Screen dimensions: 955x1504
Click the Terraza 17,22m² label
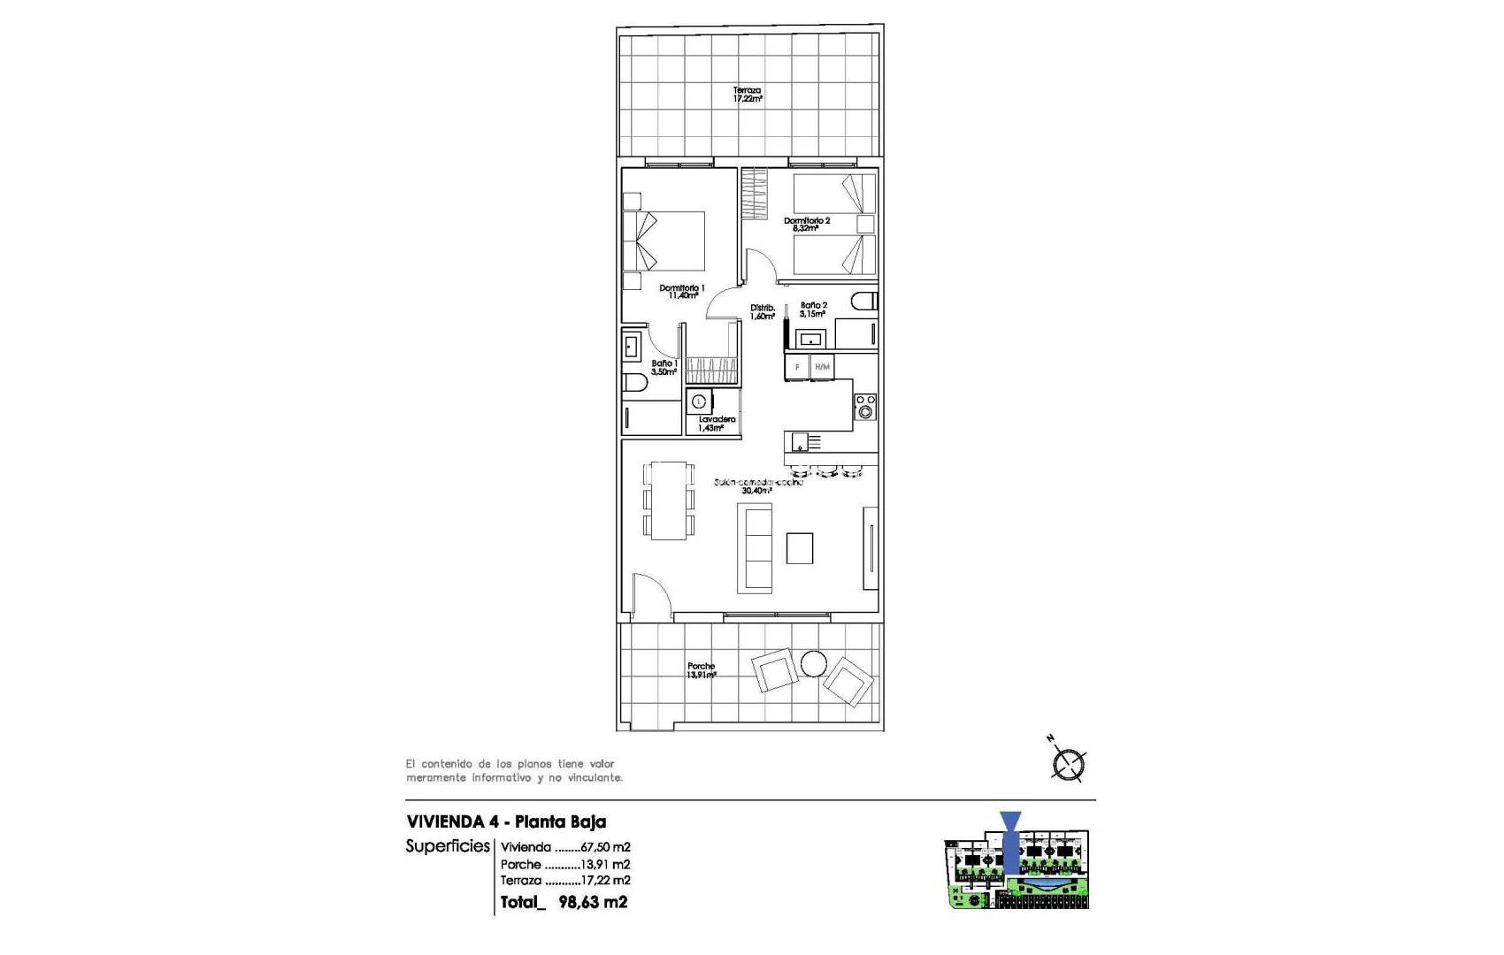(747, 95)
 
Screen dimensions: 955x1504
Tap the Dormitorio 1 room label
(681, 292)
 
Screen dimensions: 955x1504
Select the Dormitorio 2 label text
(806, 224)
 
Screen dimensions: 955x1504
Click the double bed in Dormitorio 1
(665, 241)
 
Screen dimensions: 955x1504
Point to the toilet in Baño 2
(863, 302)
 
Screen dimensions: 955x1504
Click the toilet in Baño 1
(633, 383)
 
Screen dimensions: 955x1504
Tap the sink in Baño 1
(632, 346)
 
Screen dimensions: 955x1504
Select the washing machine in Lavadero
(700, 401)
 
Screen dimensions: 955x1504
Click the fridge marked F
(797, 367)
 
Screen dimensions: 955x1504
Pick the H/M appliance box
(822, 367)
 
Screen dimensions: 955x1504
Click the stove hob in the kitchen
(864, 407)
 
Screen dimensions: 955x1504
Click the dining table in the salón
(669, 500)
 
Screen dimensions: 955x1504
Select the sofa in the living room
(755, 548)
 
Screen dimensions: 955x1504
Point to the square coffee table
(800, 548)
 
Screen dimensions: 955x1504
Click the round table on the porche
(813, 663)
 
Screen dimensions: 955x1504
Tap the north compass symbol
(1068, 763)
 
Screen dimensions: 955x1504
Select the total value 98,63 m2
(593, 902)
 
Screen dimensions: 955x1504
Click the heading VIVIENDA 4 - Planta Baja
(506, 821)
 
